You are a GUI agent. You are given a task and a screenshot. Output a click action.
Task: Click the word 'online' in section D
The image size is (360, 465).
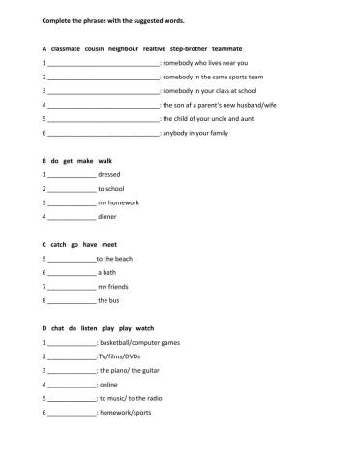[111, 385]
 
